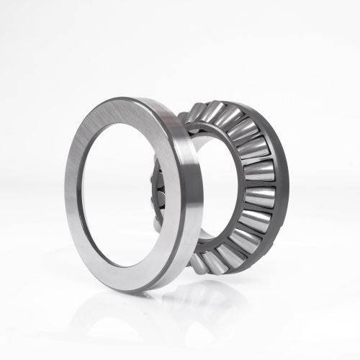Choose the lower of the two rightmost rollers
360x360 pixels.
coord(259,196)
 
